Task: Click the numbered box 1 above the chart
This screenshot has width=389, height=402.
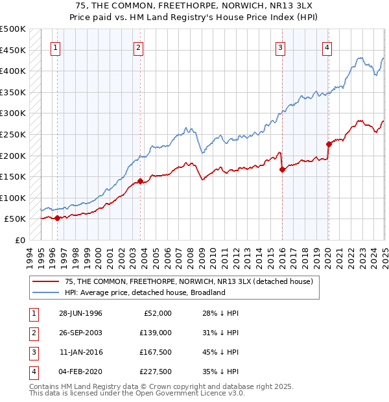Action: point(55,47)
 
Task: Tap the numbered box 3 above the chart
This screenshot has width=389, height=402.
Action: point(281,47)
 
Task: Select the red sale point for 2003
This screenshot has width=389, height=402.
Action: point(139,182)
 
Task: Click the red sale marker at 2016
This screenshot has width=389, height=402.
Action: point(282,170)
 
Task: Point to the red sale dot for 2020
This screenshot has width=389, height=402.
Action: point(329,144)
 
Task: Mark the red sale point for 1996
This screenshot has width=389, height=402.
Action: point(57,219)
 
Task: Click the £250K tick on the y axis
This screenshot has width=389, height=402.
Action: point(13,134)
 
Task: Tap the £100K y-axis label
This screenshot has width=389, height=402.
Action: point(13,198)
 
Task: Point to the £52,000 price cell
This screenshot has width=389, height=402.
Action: point(158,313)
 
